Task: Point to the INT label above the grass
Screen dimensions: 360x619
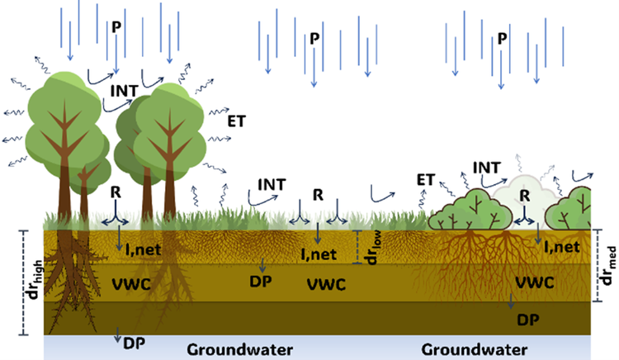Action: pos(272,182)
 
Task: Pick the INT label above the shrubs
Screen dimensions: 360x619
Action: pos(487,168)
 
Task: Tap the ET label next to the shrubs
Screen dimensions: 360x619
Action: pos(426,179)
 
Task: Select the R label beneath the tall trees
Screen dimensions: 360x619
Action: pos(117,192)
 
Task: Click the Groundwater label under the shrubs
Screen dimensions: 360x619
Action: pos(474,349)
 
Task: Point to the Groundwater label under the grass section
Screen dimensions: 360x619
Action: pos(239,349)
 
